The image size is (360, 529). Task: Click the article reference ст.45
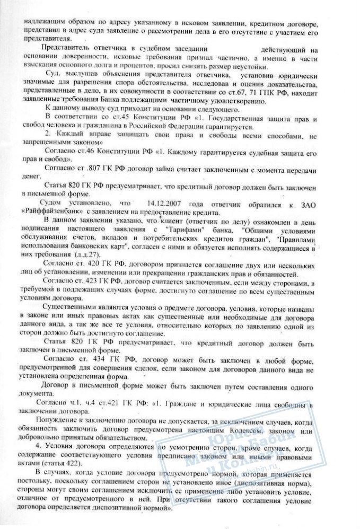(x=111, y=116)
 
